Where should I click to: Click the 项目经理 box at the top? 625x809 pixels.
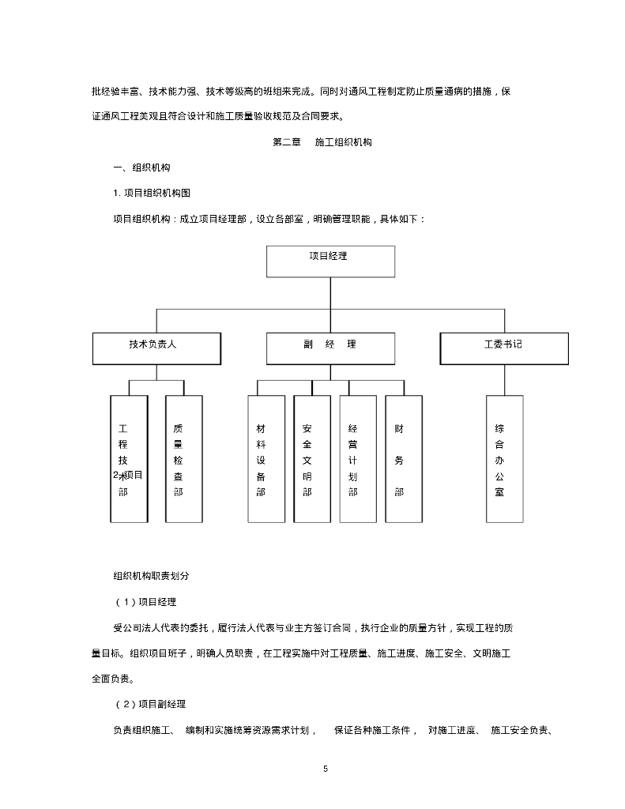[330, 261]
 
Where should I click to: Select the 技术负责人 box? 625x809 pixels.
[156, 348]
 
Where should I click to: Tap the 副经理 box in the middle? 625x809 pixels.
[330, 348]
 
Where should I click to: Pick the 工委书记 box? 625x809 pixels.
[503, 348]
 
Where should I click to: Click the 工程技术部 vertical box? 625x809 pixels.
[129, 458]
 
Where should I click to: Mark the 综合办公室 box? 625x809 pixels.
[504, 458]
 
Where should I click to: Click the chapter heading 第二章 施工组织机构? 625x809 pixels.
[322, 143]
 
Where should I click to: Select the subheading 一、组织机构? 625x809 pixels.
[142, 168]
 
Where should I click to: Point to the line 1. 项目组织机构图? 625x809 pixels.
[152, 193]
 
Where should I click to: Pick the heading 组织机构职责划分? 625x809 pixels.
[151, 576]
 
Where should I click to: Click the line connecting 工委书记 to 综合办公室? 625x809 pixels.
[504, 379]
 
